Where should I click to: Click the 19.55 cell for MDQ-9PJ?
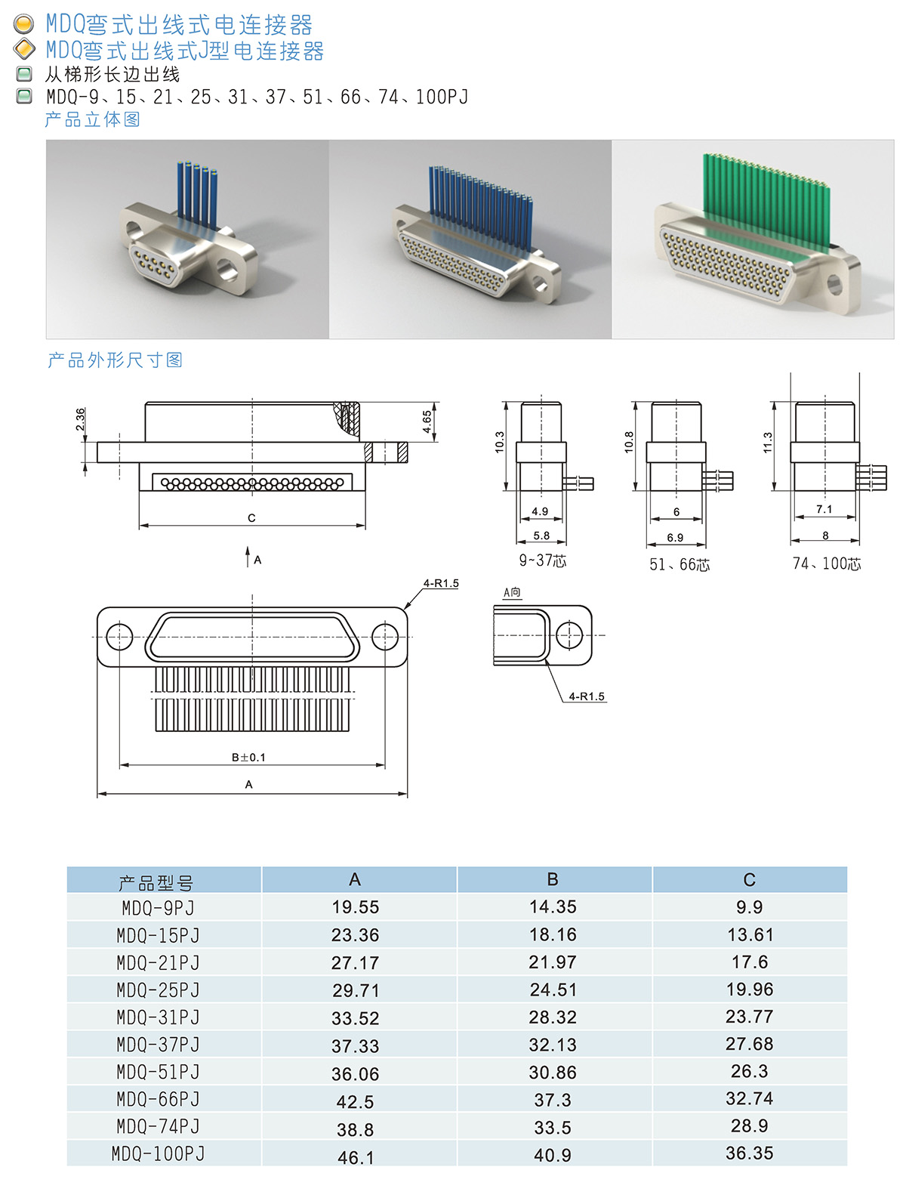tap(355, 907)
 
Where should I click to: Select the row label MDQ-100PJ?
tap(159, 1154)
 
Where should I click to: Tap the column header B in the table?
tap(553, 879)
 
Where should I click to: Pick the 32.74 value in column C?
tap(749, 1098)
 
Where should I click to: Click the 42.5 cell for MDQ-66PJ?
tap(355, 1102)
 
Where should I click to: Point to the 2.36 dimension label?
tap(81, 420)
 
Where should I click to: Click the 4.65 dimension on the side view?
tap(427, 421)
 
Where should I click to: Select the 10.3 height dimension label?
tap(499, 442)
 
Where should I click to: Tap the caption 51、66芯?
tap(679, 565)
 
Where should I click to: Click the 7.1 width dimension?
tap(824, 509)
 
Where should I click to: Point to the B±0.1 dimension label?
tap(248, 757)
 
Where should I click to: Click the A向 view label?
tap(512, 592)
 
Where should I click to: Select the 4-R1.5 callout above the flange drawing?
tap(441, 583)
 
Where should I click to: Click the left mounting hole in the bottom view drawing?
tap(119, 637)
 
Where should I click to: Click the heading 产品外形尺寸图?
tap(115, 360)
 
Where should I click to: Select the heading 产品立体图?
tap(92, 119)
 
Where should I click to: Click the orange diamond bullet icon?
tap(25, 50)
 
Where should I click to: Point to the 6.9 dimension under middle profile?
tap(675, 538)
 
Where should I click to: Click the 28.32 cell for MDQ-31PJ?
tap(553, 1017)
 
